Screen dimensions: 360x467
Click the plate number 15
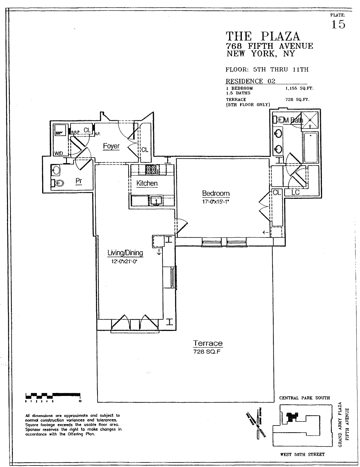point(338,24)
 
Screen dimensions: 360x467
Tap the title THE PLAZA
point(263,36)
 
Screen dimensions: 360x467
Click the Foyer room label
point(111,146)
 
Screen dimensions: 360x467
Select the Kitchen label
point(147,183)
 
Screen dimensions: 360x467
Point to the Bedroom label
point(216,193)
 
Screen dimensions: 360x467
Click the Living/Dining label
point(125,253)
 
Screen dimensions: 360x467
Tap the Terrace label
point(208,343)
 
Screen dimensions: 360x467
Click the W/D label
point(59,153)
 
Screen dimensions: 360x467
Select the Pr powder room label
point(79,181)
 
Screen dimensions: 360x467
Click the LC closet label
point(295,192)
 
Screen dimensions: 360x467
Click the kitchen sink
point(157,200)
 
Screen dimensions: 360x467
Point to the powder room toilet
point(59,183)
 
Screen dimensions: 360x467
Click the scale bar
point(53,395)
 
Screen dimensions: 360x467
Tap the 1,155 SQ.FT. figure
point(300,88)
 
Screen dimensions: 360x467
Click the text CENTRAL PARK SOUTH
point(304,398)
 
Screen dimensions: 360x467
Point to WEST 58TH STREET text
point(302,454)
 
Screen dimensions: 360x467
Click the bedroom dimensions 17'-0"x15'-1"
point(216,201)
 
